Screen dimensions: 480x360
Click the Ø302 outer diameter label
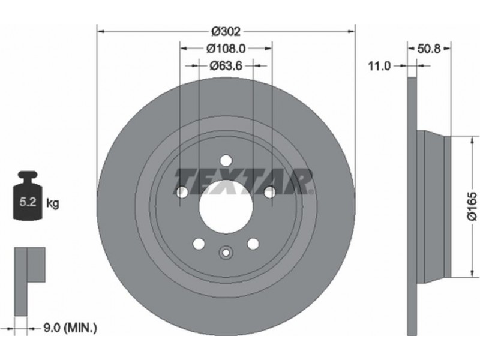(226, 31)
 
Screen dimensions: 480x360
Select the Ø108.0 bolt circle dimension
(226, 48)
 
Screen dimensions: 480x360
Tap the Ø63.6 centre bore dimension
(226, 65)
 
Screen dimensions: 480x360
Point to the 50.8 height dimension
(429, 49)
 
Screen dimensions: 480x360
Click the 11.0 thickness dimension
(379, 65)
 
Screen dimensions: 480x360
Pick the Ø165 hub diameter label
(472, 206)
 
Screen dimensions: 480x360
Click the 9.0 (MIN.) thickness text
(70, 328)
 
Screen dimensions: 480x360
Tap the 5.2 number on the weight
(28, 202)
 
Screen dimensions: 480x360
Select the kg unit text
(52, 203)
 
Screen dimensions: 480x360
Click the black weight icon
(27, 196)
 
